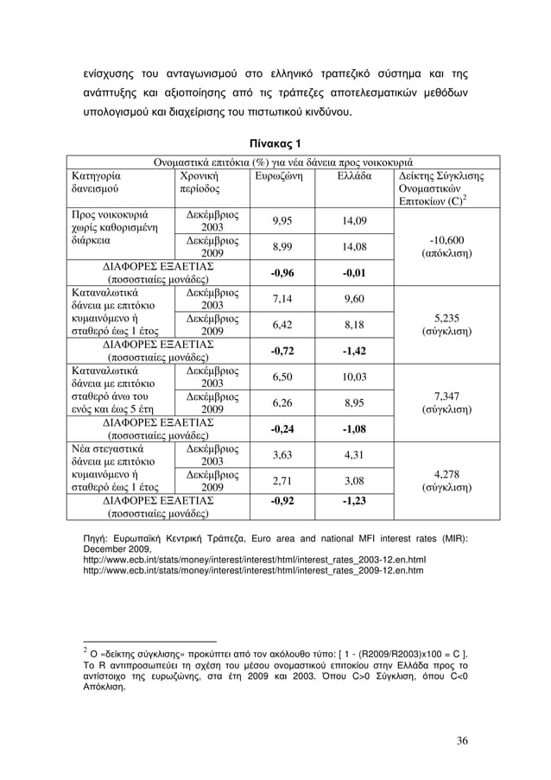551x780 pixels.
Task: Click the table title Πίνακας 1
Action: point(275,143)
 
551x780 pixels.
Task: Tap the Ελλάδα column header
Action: point(354,174)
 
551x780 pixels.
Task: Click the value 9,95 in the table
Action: point(282,219)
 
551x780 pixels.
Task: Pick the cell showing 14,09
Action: point(354,219)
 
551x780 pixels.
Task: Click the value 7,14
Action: point(282,299)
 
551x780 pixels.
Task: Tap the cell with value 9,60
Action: point(354,299)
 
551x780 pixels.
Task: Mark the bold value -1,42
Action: point(354,352)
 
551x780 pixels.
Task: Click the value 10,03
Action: point(354,377)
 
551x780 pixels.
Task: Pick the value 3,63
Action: point(282,455)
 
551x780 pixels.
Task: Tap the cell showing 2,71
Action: point(282,481)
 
